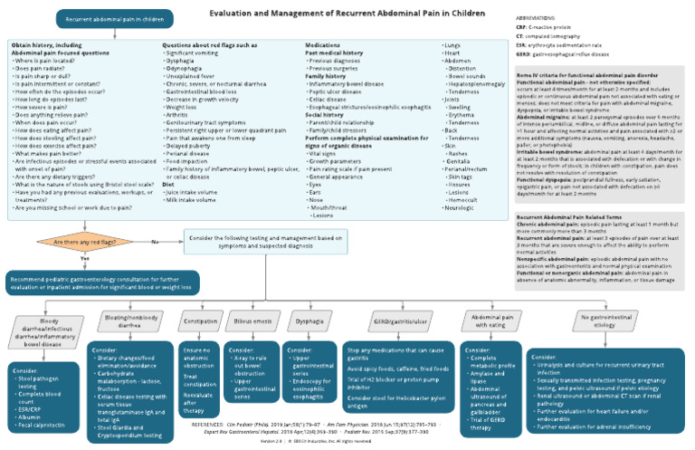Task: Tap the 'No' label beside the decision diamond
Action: (x=155, y=242)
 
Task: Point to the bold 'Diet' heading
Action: (x=168, y=184)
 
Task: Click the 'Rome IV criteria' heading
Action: (x=586, y=73)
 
